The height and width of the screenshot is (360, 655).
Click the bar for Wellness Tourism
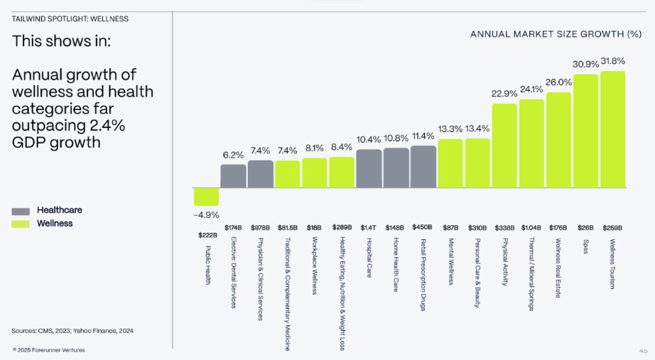pos(613,129)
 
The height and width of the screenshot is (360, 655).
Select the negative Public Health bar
pos(206,197)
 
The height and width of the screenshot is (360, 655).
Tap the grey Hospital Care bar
pos(369,169)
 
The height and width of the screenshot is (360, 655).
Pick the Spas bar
pos(585,131)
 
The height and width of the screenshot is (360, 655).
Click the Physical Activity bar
pos(504,146)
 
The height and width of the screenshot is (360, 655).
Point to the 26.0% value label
pos(558,82)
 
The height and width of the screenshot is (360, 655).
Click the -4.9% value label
pos(206,215)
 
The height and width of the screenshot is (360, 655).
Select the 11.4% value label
pos(423,136)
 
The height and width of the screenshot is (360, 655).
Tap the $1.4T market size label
pos(369,228)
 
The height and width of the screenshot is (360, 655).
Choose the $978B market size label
pos(260,228)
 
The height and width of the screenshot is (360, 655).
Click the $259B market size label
pos(612,228)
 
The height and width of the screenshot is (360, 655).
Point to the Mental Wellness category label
pos(450,261)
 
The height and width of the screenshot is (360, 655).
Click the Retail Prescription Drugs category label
pos(423,275)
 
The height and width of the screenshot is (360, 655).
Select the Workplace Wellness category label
pos(315,266)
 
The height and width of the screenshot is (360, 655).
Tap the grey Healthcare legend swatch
pos(21,212)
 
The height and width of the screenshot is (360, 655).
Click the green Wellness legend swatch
pos(21,224)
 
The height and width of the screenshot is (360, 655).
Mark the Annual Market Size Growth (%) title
pos(556,34)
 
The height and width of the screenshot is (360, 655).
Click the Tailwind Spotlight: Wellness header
pos(70,18)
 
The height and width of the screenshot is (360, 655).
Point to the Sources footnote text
pos(72,331)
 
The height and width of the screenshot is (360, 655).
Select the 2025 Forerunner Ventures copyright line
pos(48,350)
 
